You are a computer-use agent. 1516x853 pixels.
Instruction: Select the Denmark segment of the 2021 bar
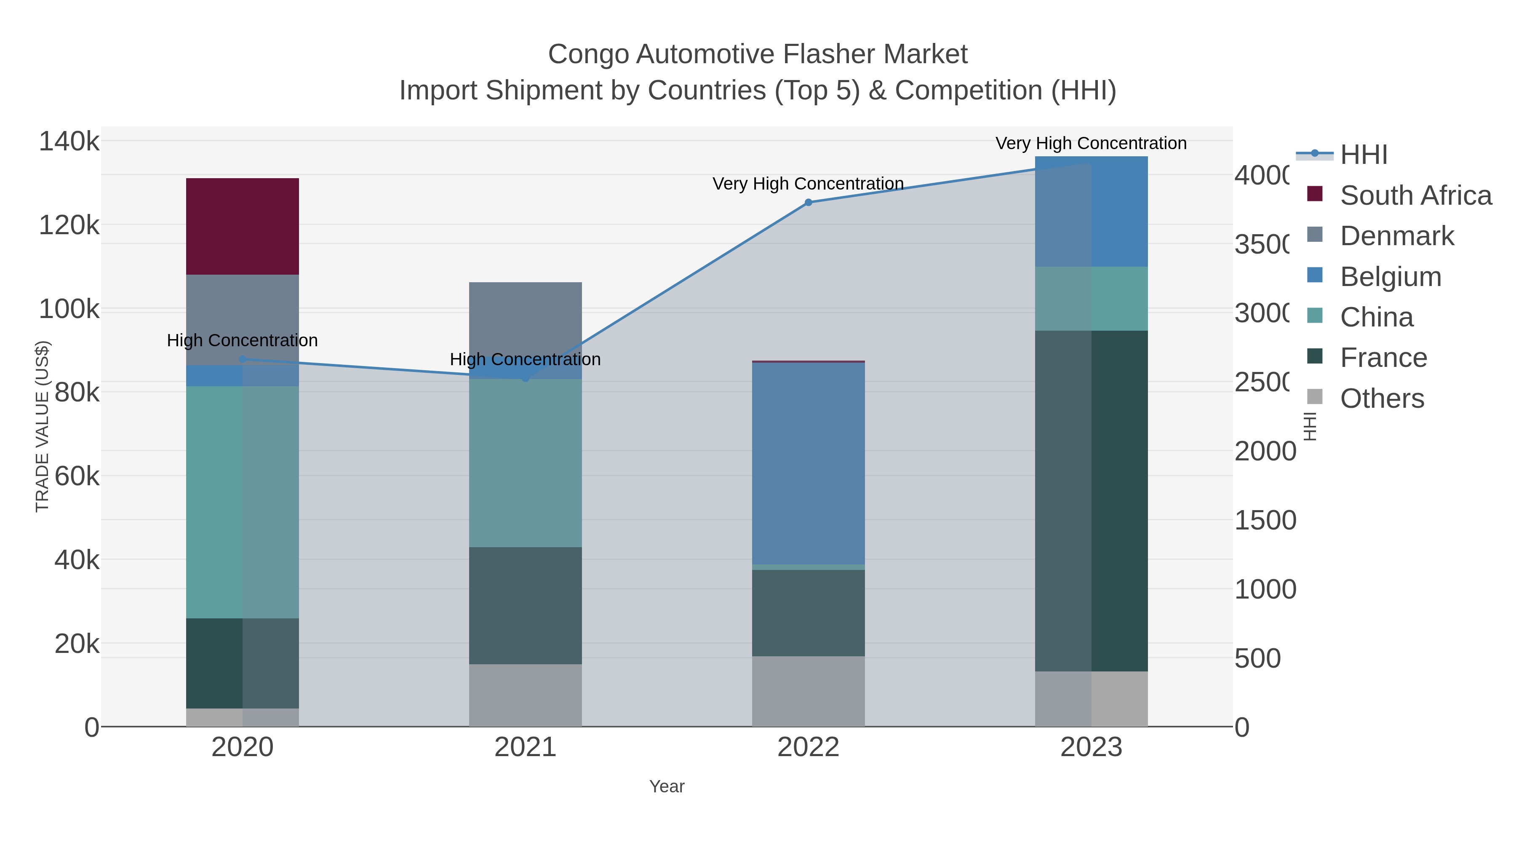click(x=525, y=318)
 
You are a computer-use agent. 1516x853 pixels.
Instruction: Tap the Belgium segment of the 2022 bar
click(x=808, y=463)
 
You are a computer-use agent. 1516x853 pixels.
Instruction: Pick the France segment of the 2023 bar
click(x=1091, y=500)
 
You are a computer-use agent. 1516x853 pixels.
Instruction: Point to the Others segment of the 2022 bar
click(x=808, y=691)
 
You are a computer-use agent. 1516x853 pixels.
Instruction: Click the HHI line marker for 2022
click(x=808, y=203)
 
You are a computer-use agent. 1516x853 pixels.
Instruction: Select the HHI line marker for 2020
click(x=243, y=359)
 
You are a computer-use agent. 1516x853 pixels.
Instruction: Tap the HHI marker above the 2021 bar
click(x=526, y=379)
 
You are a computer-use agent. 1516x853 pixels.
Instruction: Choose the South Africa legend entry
click(x=1415, y=195)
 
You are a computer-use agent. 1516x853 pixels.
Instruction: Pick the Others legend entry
click(x=1381, y=398)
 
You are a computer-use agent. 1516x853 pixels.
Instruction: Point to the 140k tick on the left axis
click(x=69, y=142)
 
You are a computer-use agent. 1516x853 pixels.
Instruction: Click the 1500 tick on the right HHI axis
click(x=1265, y=520)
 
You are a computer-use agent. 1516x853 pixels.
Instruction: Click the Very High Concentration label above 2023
click(x=1091, y=143)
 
